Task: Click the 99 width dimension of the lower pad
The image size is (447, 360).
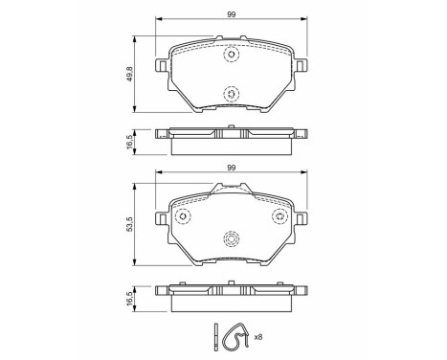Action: coord(230,168)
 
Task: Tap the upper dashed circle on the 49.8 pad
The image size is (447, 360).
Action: coord(230,55)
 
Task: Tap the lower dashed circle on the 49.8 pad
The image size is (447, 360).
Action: coord(230,93)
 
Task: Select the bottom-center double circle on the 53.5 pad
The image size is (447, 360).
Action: coord(230,240)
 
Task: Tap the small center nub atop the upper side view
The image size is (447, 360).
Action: coord(230,126)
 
